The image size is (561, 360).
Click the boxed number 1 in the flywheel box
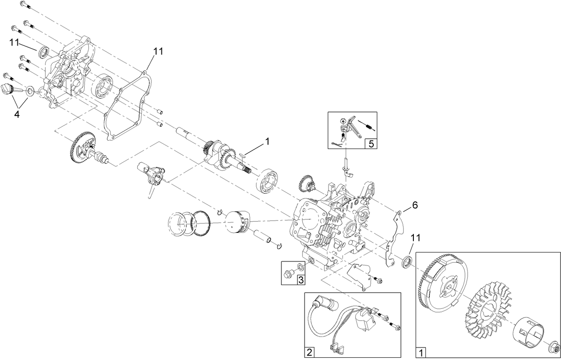[x=420, y=352]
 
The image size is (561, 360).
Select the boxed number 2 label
[x=309, y=352]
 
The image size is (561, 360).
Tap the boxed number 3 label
[x=301, y=280]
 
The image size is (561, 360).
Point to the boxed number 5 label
[x=371, y=144]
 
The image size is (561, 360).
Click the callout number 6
[x=414, y=205]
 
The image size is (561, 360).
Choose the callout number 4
[x=17, y=114]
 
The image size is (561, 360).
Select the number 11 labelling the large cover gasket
[x=158, y=51]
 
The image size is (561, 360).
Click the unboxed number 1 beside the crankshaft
[x=267, y=141]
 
